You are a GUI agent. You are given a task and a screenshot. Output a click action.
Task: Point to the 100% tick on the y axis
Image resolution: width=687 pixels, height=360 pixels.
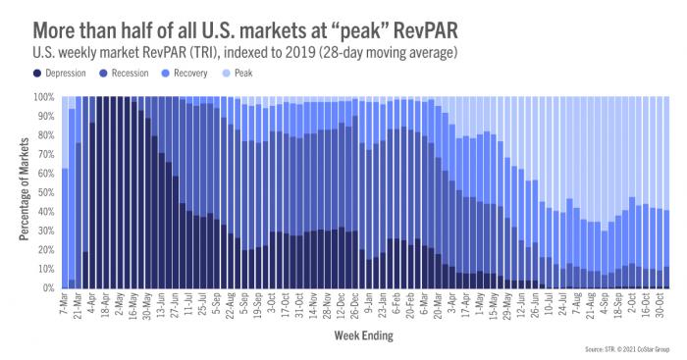tap(45, 97)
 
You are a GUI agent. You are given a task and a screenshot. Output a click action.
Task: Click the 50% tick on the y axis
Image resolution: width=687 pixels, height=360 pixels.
tap(47, 192)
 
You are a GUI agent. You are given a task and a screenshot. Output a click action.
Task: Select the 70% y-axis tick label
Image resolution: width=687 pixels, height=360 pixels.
tap(47, 154)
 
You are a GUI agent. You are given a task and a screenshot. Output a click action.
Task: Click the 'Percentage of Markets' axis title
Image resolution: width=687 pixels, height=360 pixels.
tap(22, 192)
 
